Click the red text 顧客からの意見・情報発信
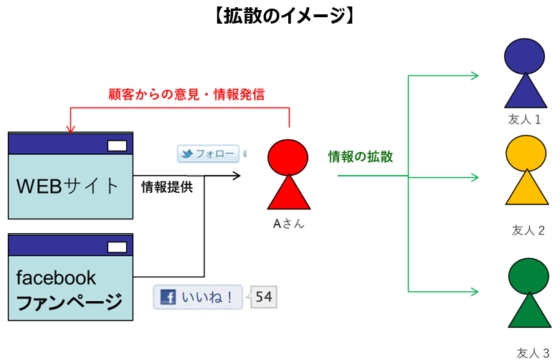tap(186, 94)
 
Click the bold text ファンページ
tap(69, 303)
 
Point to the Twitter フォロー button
tap(208, 154)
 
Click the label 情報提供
tap(166, 187)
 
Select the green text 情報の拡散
tap(360, 157)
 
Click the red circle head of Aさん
tap(288, 157)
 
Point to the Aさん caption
tap(288, 224)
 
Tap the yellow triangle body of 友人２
tap(528, 190)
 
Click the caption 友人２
tap(528, 230)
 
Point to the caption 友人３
tap(532, 352)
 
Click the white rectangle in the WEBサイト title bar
tap(116, 146)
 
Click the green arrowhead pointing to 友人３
tap(474, 291)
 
